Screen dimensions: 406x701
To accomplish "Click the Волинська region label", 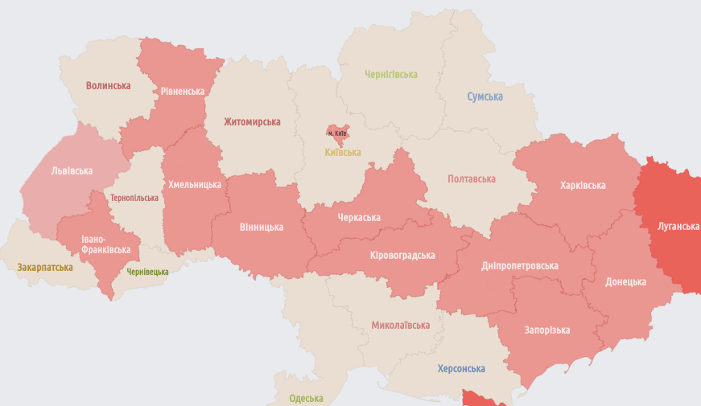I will tap(108, 86).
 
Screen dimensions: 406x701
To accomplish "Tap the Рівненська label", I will tap(182, 92).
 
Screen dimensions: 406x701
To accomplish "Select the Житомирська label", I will tap(252, 122).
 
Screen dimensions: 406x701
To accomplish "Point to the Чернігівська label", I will tap(391, 75).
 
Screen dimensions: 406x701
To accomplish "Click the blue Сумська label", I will tap(485, 97).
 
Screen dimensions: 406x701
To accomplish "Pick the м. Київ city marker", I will tap(336, 132).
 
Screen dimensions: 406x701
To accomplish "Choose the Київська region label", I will tap(342, 153).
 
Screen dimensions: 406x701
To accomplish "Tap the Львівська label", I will tap(72, 171).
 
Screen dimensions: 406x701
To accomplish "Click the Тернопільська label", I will tap(134, 198).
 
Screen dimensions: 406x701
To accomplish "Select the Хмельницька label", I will tap(194, 185).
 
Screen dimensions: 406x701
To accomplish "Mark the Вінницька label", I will tap(261, 228).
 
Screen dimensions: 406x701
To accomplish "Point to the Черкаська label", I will tap(359, 218).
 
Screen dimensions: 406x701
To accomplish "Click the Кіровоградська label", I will tap(402, 256).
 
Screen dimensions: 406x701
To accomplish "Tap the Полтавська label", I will tap(471, 179).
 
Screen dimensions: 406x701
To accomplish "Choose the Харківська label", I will tap(583, 186).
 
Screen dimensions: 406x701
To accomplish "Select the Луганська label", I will tap(678, 227).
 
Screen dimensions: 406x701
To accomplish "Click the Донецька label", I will tap(625, 282).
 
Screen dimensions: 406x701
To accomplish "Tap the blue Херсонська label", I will tap(461, 369).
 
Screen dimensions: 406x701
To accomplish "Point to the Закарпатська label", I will tap(45, 268).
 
